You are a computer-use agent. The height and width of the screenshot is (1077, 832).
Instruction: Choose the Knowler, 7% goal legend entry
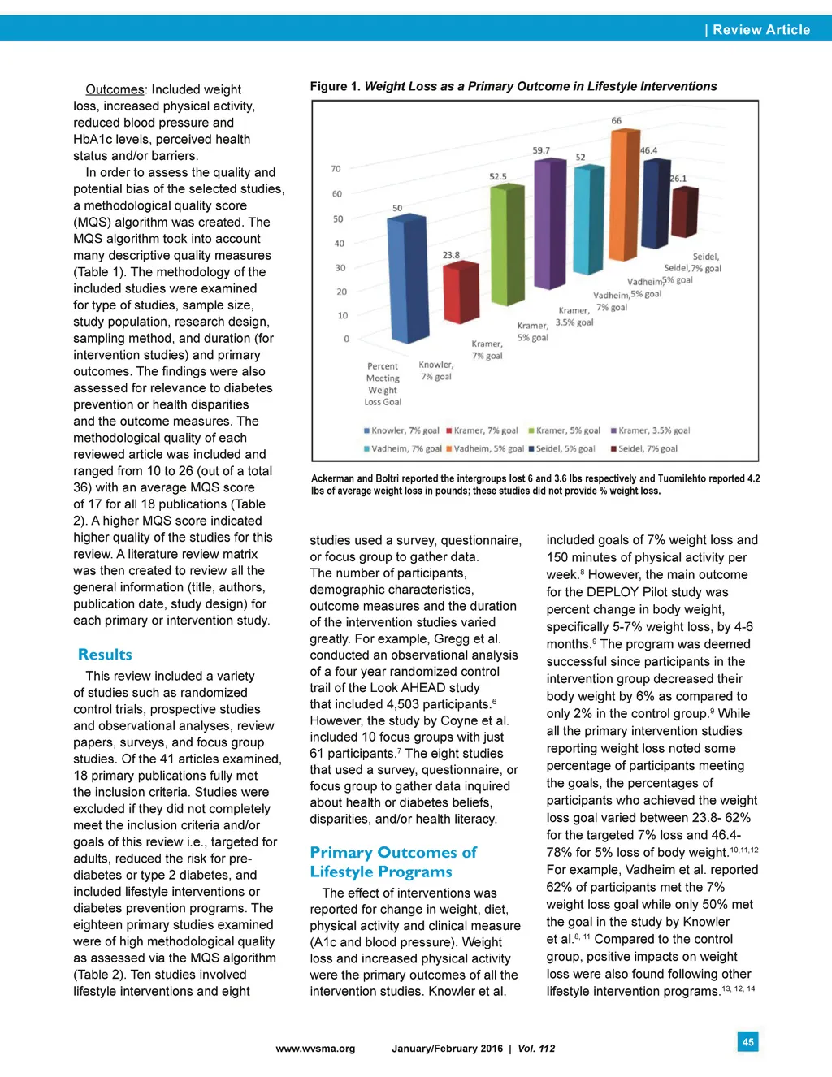pyautogui.click(x=401, y=430)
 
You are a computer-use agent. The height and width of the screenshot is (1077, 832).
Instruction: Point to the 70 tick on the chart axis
pyautogui.click(x=336, y=169)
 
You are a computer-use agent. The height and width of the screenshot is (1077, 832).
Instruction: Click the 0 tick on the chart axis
pyautogui.click(x=346, y=339)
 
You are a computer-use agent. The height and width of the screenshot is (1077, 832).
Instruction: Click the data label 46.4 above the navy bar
pyautogui.click(x=648, y=150)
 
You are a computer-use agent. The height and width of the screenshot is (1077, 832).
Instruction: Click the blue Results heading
pyautogui.click(x=105, y=655)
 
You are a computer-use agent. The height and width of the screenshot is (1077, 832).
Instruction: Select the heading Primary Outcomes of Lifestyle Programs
pyautogui.click(x=392, y=862)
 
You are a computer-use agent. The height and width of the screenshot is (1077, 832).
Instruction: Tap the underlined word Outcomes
pyautogui.click(x=115, y=89)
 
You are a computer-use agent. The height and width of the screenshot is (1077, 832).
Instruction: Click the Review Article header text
pyautogui.click(x=761, y=30)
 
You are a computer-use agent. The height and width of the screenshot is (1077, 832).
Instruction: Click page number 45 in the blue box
pyautogui.click(x=747, y=1041)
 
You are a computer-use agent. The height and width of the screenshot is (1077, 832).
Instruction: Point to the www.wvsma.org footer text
pyautogui.click(x=315, y=1049)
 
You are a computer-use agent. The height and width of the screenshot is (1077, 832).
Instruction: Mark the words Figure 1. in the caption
pyautogui.click(x=336, y=86)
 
